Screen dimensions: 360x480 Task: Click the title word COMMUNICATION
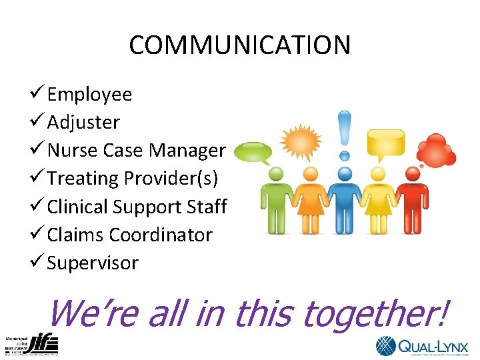(239, 45)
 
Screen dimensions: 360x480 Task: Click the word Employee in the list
(89, 95)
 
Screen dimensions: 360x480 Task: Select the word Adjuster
(83, 123)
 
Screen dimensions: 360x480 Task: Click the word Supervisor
(93, 263)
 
